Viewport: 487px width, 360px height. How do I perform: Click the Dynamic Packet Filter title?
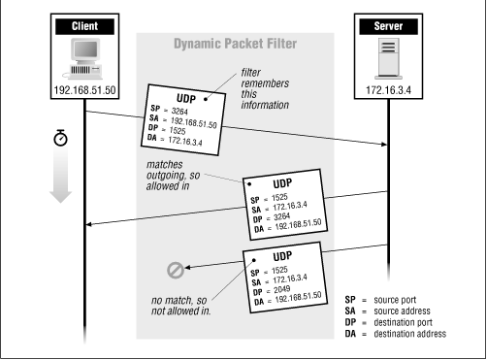tap(236, 44)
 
